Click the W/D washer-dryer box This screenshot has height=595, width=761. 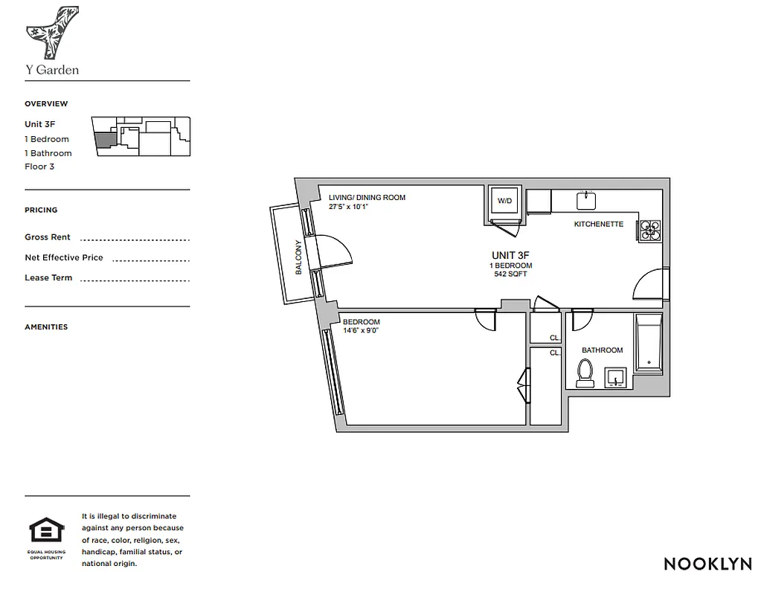(x=504, y=201)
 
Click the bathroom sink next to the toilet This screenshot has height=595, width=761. (x=616, y=379)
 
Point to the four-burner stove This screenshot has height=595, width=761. (x=649, y=231)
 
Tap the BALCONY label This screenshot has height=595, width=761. (x=298, y=257)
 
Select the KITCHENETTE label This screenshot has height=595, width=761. (x=598, y=224)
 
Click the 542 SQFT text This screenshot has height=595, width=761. (x=510, y=274)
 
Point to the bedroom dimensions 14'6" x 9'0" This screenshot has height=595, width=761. (x=362, y=330)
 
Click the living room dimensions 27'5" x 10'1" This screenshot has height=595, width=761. (x=349, y=206)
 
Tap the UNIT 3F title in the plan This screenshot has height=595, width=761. (x=510, y=255)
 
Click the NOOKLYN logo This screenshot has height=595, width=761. (x=707, y=563)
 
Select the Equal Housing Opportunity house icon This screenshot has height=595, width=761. (x=46, y=531)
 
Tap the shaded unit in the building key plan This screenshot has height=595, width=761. (x=106, y=138)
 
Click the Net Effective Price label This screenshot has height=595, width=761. (x=64, y=257)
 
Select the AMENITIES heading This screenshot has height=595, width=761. (x=46, y=327)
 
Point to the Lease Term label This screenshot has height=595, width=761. (x=48, y=277)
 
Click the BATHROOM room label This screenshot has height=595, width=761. (x=602, y=350)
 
